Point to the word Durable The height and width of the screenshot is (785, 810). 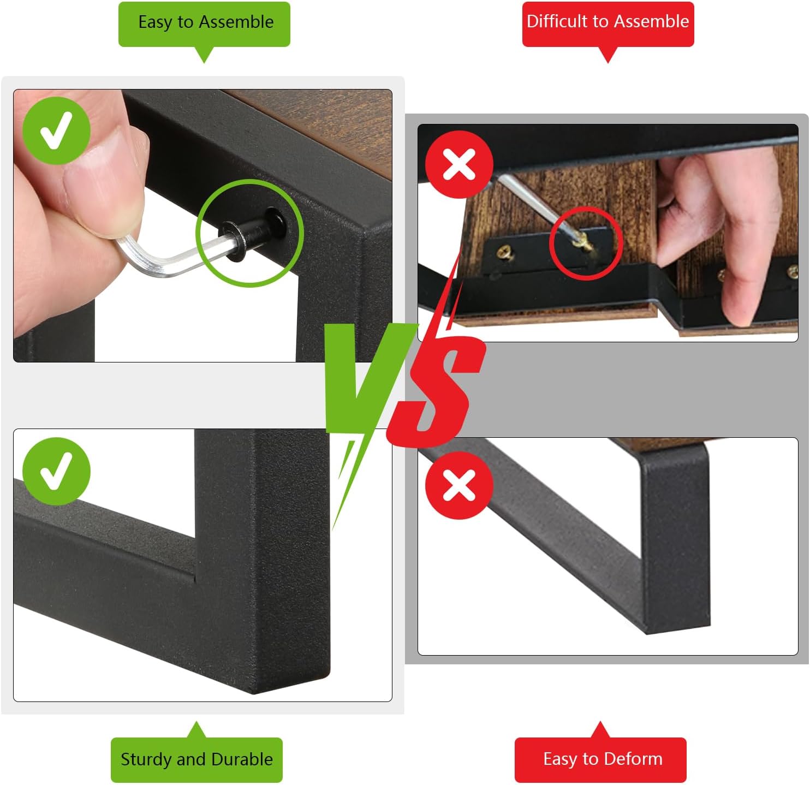[x=242, y=759]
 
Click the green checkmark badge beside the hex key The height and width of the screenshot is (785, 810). [x=56, y=130]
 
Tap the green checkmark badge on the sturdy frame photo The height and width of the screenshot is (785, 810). [x=56, y=472]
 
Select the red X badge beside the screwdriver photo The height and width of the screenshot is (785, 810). [x=459, y=164]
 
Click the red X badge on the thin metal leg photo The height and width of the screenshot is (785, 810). [x=459, y=485]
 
